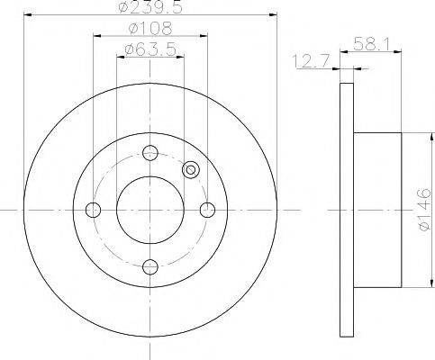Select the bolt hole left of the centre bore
(93, 210)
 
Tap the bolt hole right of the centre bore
(207, 210)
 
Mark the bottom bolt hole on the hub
(150, 266)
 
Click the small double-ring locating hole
(190, 169)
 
